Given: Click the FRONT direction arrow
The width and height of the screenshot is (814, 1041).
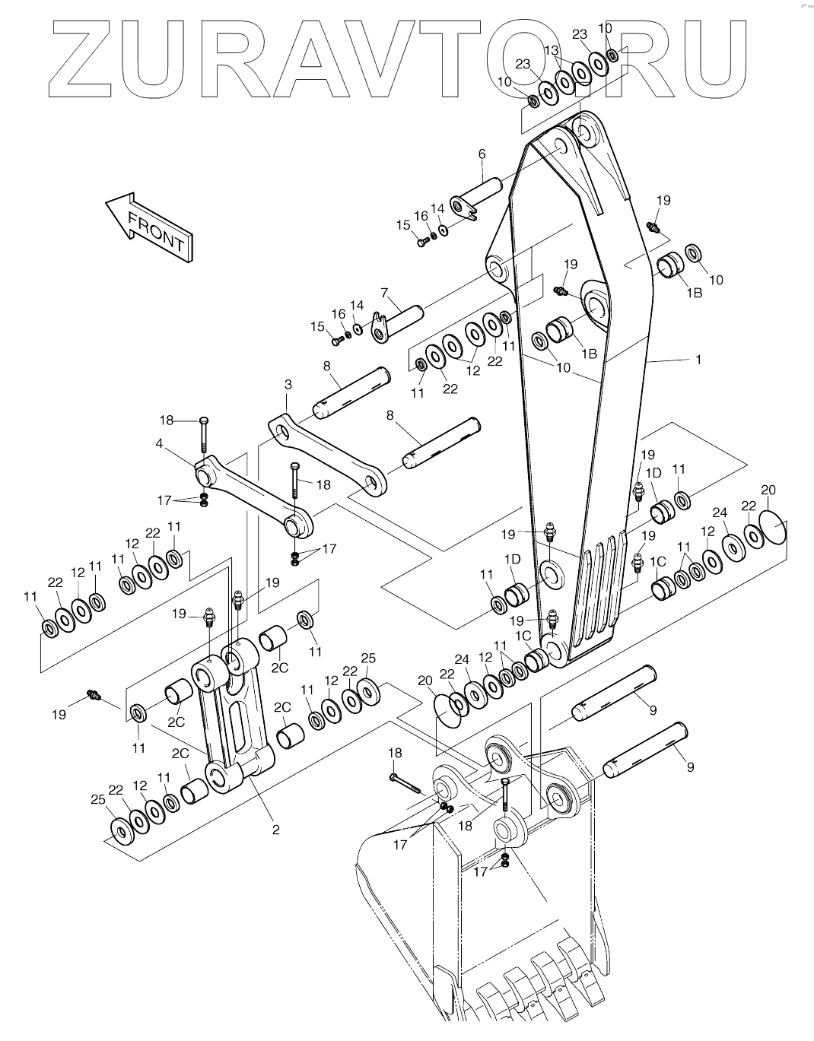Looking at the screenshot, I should click(149, 226).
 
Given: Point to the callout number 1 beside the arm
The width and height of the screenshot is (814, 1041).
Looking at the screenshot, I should click(698, 360).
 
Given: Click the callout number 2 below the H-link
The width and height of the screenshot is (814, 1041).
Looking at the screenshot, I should click(275, 830).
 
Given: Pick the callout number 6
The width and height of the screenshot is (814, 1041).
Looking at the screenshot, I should click(482, 154).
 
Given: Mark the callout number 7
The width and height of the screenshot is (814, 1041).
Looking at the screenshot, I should click(385, 292).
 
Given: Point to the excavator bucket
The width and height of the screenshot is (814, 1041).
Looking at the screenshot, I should click(487, 897).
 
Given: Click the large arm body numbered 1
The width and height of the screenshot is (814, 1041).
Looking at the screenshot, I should click(578, 380).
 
